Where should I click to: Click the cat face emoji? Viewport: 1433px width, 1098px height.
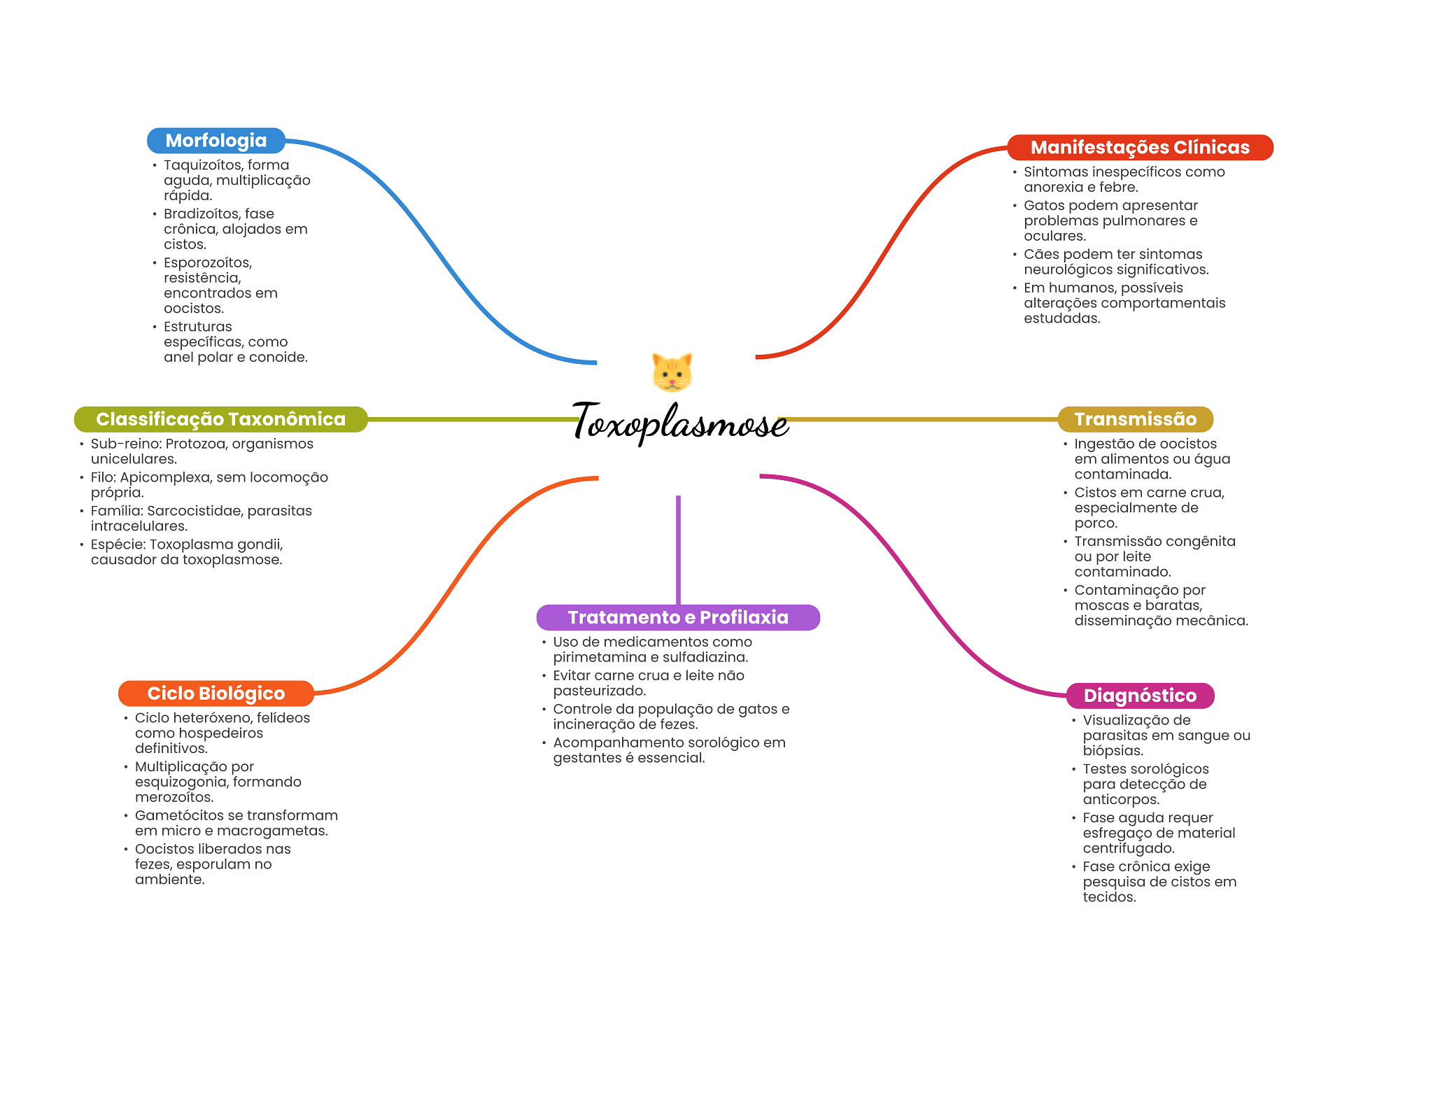672,372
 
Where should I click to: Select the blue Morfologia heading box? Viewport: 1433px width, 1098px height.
216,141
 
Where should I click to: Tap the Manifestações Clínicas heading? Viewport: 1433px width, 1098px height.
1139,148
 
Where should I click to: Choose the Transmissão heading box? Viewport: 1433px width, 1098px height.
1135,419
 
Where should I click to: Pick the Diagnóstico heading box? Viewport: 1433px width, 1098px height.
1139,696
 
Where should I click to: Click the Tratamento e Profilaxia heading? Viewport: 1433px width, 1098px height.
677,617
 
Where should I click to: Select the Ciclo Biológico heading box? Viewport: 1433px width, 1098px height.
216,694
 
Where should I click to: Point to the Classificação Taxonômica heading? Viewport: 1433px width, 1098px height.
220,419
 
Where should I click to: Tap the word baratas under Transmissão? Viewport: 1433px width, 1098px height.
1178,605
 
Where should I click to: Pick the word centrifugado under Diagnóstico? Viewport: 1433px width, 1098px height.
1128,848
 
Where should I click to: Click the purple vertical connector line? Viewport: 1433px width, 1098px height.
678,549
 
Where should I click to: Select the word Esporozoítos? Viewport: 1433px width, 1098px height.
207,263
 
